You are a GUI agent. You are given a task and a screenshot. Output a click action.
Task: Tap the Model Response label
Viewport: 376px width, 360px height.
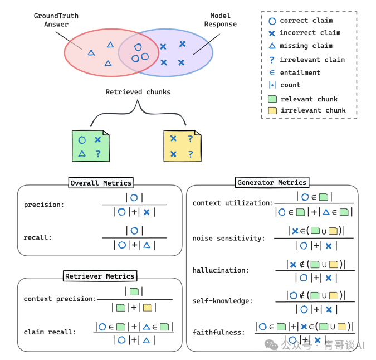221,20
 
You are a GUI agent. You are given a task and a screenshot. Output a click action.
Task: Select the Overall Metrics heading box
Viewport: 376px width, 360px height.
101,183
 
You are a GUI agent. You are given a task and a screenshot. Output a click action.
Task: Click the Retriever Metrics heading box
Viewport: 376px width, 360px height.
100,276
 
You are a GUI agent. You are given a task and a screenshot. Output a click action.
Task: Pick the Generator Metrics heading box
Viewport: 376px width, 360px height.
272,182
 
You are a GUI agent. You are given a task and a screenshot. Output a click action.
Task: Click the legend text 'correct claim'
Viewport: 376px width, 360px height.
306,21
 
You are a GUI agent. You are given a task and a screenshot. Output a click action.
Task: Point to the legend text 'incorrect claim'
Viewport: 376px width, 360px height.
310,33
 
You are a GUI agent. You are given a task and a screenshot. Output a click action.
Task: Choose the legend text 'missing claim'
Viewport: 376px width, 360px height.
306,46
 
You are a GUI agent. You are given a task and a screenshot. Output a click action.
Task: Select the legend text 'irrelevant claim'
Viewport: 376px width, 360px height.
312,60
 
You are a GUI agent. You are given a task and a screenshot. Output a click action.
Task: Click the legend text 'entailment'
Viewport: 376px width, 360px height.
300,72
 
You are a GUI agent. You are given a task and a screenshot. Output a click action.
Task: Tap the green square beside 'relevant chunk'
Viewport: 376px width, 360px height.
272,99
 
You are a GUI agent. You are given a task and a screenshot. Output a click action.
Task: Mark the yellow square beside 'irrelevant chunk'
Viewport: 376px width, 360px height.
272,110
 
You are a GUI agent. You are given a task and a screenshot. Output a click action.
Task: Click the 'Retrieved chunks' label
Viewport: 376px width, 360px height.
138,92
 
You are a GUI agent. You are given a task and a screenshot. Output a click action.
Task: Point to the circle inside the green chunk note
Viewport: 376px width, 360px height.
82,140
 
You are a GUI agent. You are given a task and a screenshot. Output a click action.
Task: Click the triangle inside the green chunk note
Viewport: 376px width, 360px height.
82,153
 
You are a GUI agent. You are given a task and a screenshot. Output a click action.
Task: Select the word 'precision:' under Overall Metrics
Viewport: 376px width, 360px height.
44,205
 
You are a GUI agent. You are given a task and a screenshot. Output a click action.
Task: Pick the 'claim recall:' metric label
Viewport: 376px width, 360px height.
50,332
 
